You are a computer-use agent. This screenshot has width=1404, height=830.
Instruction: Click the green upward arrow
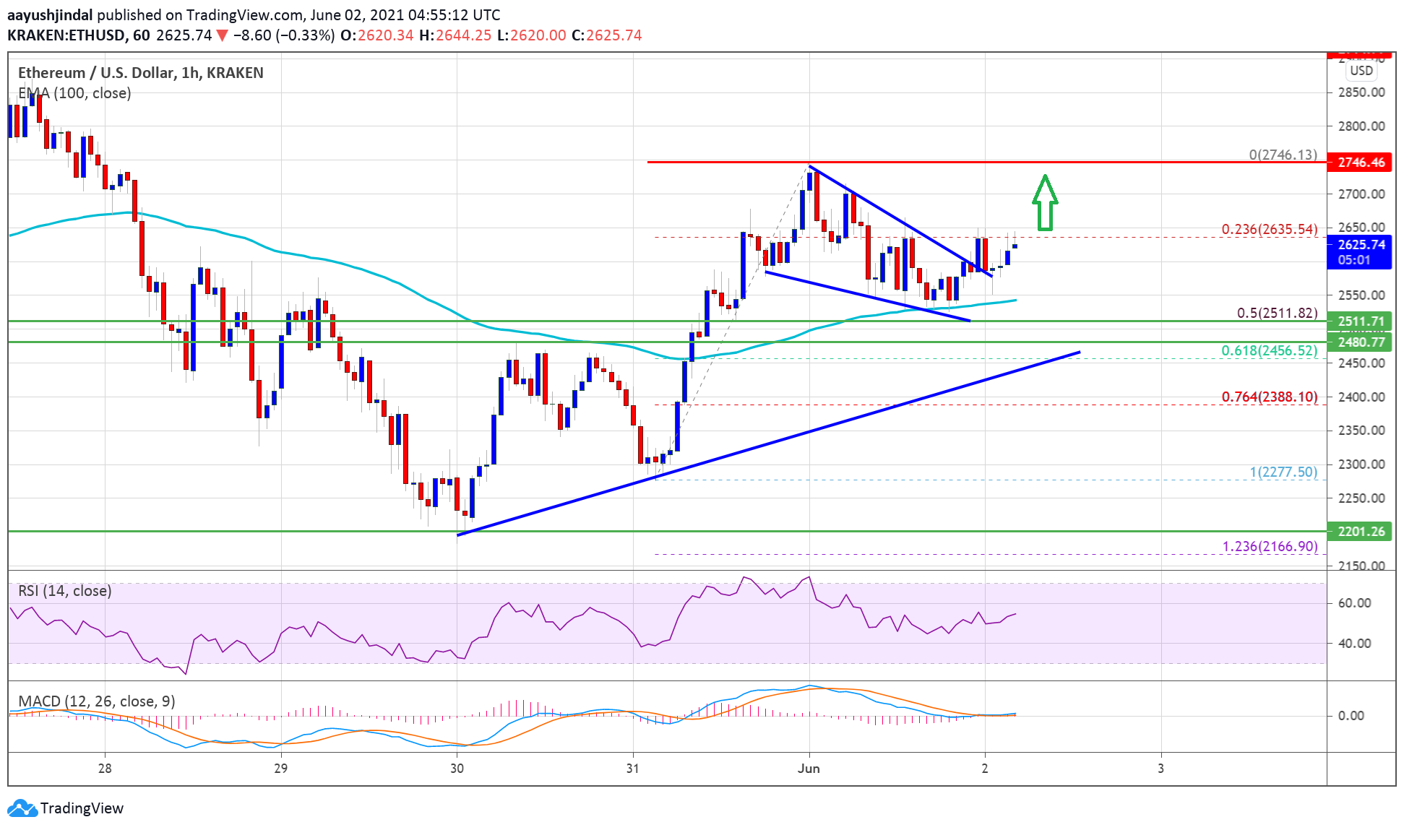1045,203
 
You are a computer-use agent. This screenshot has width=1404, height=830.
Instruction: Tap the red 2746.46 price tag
1361,163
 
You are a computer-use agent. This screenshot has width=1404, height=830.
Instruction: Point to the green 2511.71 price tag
1361,321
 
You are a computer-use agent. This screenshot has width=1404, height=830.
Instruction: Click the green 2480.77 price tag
1361,342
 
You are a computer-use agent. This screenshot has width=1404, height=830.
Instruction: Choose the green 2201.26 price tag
1361,532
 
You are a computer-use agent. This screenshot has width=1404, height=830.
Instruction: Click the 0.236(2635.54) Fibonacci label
1269,230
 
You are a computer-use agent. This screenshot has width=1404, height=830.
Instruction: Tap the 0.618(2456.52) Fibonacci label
1269,351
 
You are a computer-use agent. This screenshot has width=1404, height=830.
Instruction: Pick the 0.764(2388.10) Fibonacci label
1269,397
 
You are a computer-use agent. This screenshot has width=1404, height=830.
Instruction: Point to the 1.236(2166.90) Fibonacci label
1270,547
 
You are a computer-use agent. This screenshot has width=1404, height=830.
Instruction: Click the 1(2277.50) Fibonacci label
1283,472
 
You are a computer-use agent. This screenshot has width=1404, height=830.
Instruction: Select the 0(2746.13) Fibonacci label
1283,155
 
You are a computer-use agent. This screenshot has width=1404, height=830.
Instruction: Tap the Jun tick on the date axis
809,769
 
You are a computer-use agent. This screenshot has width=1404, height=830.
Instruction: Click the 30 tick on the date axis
457,769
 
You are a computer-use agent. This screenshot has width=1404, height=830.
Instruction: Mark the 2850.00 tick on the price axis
1361,92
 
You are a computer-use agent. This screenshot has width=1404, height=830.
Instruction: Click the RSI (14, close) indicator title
65,592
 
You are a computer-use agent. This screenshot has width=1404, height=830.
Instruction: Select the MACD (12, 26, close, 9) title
96,701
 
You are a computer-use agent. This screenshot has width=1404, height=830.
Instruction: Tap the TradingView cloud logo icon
22,808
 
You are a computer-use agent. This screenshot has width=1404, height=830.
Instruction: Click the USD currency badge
1361,71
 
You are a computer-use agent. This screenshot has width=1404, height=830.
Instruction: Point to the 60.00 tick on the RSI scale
1354,603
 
